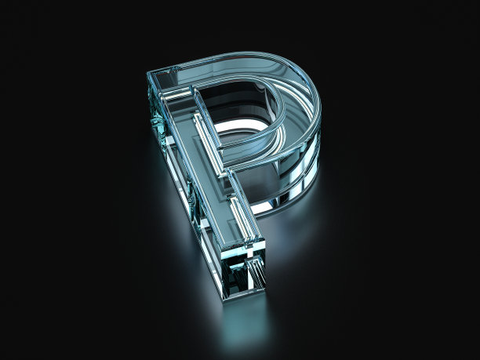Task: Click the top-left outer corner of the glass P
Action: tap(147, 74)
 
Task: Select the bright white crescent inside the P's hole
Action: tap(242, 125)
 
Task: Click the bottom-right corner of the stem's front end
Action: tap(264, 289)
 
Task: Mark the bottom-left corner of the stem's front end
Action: tap(224, 300)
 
